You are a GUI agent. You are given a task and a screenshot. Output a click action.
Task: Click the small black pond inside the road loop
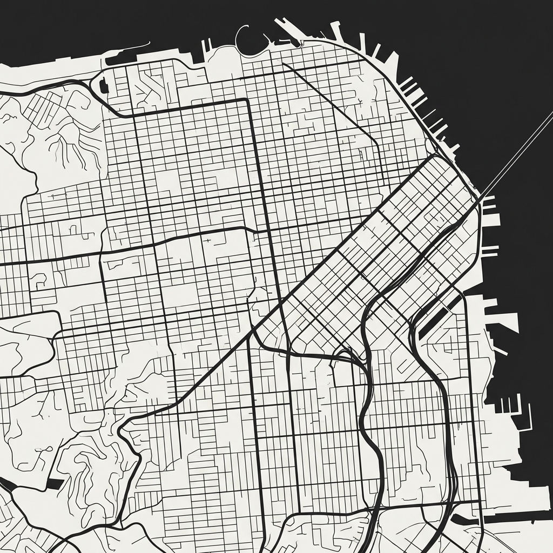pyautogui.click(x=102, y=85)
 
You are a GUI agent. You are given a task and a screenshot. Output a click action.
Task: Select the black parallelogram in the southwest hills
pyautogui.click(x=55, y=483)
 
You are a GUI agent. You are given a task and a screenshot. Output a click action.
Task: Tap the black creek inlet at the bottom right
pyautogui.click(x=464, y=520)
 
